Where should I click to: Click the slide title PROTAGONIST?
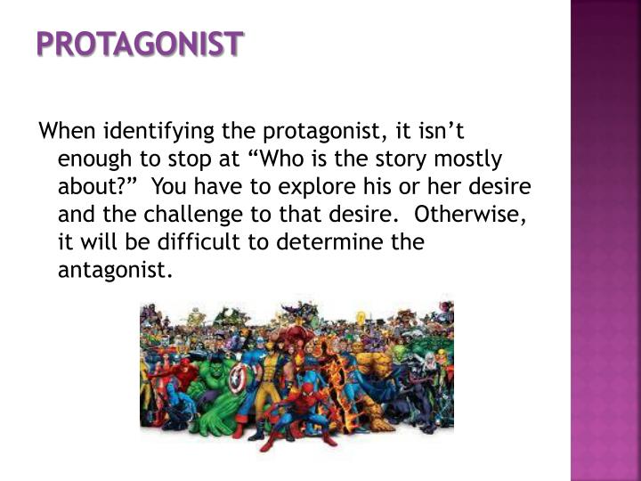139,44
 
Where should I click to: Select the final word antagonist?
112,271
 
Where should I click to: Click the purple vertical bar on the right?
605,240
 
